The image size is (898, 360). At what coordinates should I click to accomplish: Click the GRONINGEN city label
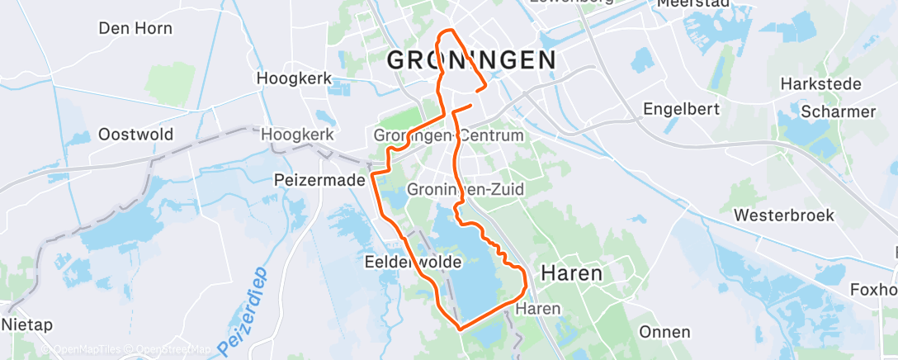pyautogui.click(x=470, y=60)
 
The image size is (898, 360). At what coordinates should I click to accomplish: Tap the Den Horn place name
pyautogui.click(x=135, y=28)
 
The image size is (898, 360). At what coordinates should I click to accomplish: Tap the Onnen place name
pyautogui.click(x=664, y=332)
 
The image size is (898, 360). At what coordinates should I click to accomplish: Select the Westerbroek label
pyautogui.click(x=784, y=216)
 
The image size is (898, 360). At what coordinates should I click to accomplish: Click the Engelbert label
pyautogui.click(x=681, y=108)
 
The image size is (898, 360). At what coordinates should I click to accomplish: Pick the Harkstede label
pyautogui.click(x=820, y=84)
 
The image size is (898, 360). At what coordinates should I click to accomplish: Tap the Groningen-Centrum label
pyautogui.click(x=448, y=135)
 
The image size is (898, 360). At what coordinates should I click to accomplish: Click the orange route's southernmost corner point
pyautogui.click(x=459, y=328)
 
